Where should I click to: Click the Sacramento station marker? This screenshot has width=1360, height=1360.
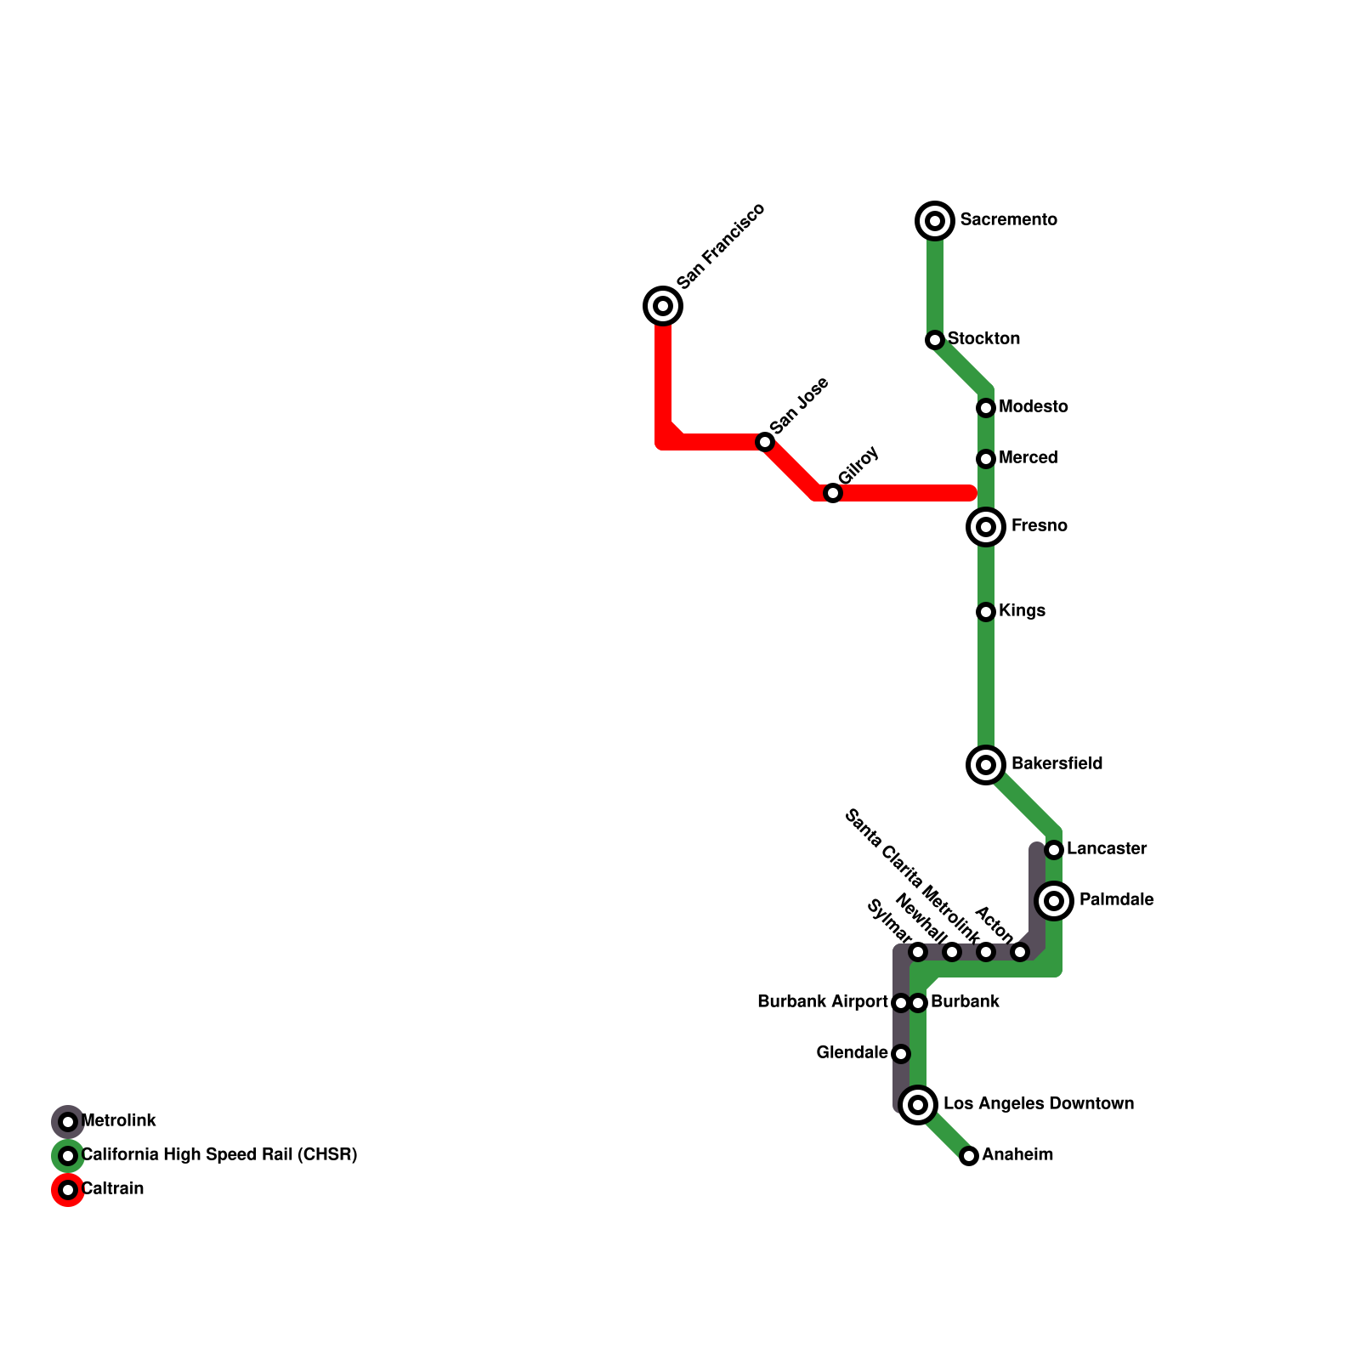[x=935, y=221]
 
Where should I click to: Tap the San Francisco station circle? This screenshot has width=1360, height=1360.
[x=663, y=306]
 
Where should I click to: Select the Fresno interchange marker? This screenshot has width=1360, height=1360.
[x=986, y=527]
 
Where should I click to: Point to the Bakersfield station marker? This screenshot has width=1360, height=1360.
[x=986, y=765]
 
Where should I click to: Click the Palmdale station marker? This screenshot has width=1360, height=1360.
[x=1054, y=900]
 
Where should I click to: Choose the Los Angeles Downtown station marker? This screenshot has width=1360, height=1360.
[x=918, y=1105]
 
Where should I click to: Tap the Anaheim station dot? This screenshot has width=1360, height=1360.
[x=969, y=1156]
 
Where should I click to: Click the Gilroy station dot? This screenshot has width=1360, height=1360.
[x=833, y=493]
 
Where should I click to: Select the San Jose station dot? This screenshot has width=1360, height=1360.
[x=765, y=442]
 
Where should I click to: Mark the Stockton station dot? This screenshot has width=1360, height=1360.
[x=935, y=340]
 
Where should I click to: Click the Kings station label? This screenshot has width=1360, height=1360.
[x=1022, y=611]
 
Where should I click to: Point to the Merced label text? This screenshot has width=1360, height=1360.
[x=1028, y=458]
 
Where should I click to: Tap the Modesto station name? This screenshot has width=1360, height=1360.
[x=1033, y=407]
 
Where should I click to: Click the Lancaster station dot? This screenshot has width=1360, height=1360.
[x=1054, y=850]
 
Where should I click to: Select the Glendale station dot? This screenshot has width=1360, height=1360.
[x=901, y=1054]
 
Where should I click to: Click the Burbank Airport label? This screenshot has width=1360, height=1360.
[x=822, y=1002]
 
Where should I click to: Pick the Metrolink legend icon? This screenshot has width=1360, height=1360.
[x=68, y=1122]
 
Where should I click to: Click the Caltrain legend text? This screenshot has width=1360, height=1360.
[x=112, y=1189]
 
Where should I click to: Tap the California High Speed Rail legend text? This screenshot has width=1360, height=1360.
[x=218, y=1155]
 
